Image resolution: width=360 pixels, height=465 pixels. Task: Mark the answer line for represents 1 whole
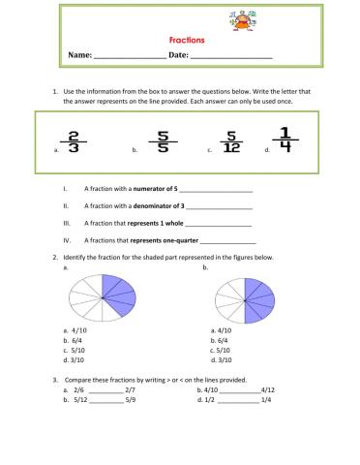coord(218,224)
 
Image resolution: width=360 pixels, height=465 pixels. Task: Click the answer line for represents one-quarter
coord(228,240)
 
